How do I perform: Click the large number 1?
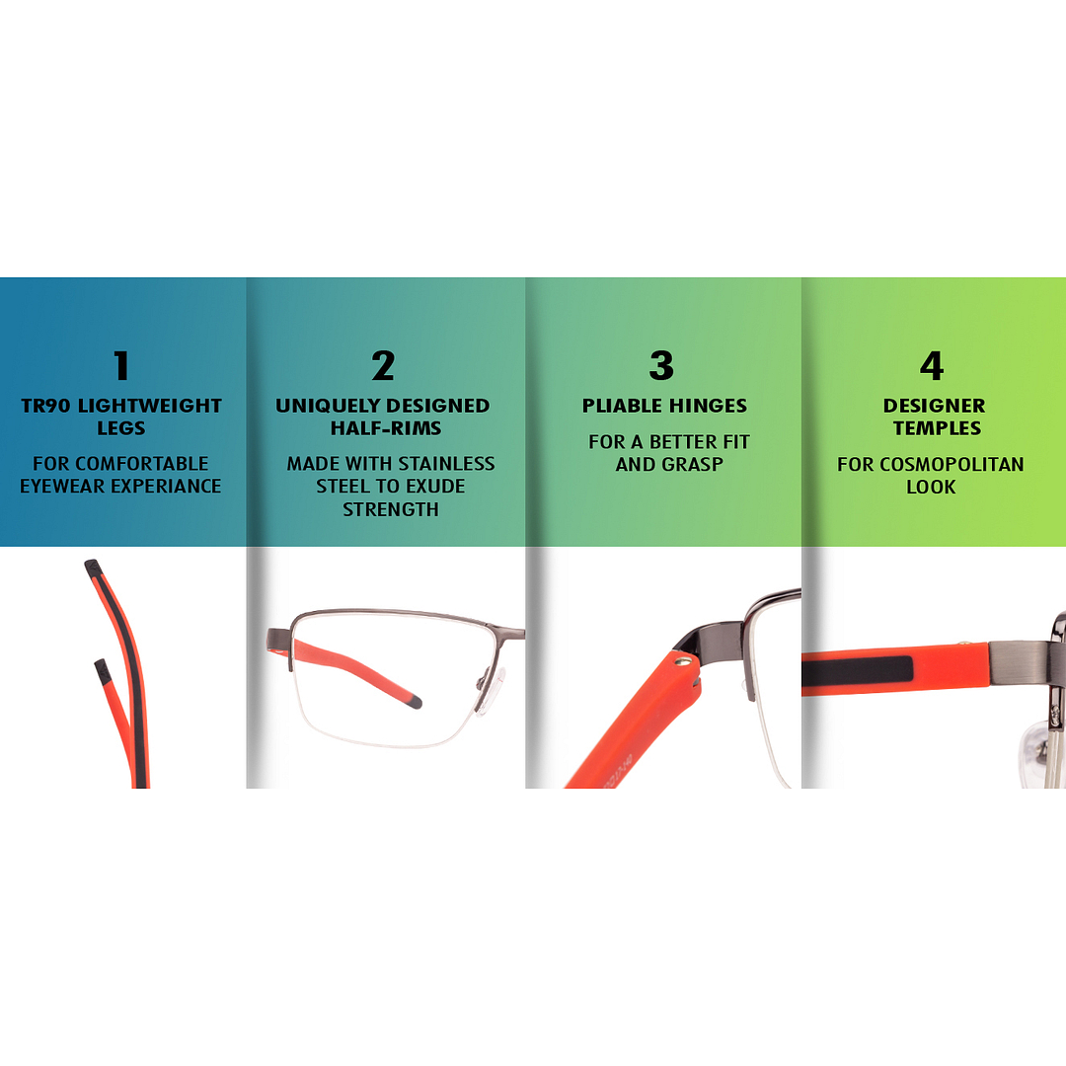pos(121,366)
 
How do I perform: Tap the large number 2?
pos(383,366)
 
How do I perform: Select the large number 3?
pos(661,366)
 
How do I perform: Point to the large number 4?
pos(932,366)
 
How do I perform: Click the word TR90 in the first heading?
pos(45,406)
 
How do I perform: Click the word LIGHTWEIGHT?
pos(150,406)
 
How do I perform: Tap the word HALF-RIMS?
pos(386,428)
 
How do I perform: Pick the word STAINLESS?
pos(447,464)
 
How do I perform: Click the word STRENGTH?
pos(391,509)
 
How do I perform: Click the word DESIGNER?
pos(934,406)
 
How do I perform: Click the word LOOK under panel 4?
pos(932,487)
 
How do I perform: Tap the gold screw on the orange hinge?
pos(684,659)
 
